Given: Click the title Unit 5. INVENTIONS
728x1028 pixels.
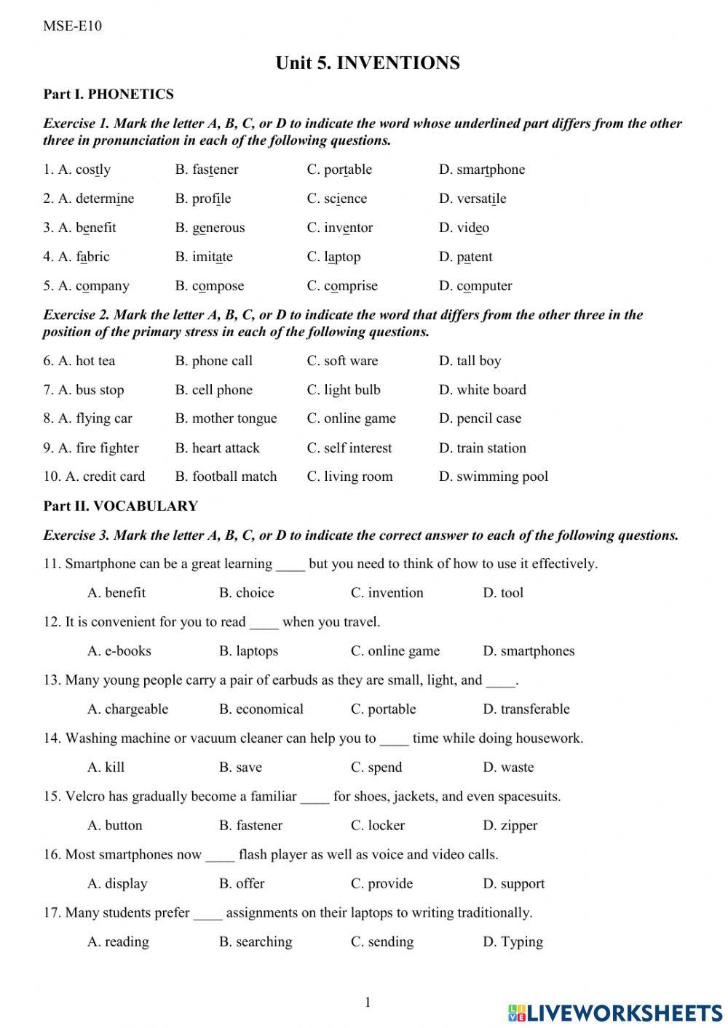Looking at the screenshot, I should (368, 63).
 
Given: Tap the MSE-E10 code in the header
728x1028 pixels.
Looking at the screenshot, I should (72, 26).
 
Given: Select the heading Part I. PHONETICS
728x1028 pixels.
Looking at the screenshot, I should (108, 94).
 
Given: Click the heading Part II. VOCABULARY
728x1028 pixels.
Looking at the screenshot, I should (120, 506).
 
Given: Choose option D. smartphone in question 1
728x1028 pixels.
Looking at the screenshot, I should (481, 170).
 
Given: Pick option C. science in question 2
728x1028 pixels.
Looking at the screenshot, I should (336, 199).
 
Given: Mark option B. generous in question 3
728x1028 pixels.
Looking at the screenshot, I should (210, 228).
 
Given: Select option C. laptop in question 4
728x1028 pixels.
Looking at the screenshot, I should (333, 257).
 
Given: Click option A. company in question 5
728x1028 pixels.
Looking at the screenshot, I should (86, 286).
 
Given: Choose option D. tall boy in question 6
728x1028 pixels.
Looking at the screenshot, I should (470, 361).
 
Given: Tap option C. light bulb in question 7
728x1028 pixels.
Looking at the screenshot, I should (344, 390).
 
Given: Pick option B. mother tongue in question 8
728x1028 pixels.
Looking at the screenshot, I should (226, 418).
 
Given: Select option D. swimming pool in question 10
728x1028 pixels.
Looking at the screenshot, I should (493, 477).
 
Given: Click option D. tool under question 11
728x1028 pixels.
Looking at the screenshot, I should (503, 593).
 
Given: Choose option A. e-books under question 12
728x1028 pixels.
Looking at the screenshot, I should (119, 651).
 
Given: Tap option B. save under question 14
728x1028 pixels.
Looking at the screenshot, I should (240, 768).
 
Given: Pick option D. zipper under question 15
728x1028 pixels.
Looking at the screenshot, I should (510, 826).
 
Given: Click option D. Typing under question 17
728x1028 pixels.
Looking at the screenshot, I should (513, 942).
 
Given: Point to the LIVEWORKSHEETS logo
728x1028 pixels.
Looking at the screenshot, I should (615, 1012).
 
